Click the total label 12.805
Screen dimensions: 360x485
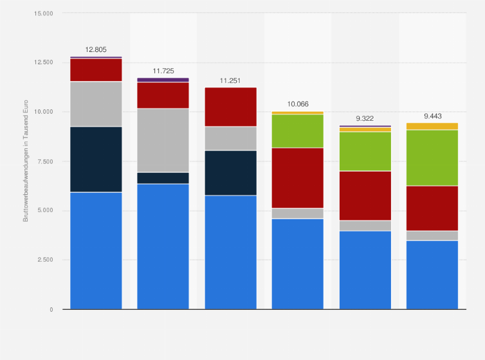(x=96, y=49)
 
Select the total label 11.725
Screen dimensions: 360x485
(x=163, y=70)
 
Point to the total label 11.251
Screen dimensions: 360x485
(x=230, y=80)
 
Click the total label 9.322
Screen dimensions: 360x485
(x=365, y=118)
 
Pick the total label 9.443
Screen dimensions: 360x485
(x=432, y=116)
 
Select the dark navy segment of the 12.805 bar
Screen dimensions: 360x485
(x=96, y=159)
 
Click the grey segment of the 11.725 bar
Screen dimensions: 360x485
(x=163, y=140)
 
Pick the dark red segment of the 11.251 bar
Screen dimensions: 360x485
(x=230, y=107)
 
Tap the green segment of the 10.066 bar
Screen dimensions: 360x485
(x=297, y=131)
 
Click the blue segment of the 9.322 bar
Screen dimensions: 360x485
(x=365, y=270)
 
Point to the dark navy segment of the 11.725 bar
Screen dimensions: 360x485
(x=163, y=178)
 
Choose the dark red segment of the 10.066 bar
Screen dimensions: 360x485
(x=297, y=178)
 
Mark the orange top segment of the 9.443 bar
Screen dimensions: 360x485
(x=432, y=126)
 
